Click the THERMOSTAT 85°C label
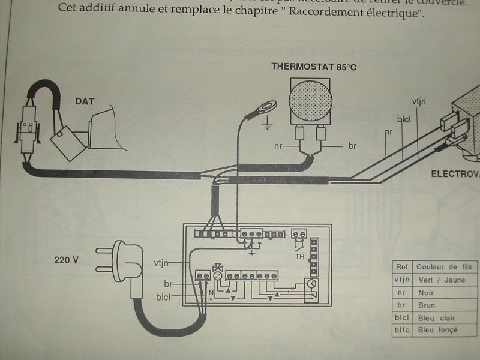point(314,67)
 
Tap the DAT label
point(85,101)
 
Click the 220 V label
point(67,261)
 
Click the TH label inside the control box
point(299,256)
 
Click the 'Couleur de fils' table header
point(445,266)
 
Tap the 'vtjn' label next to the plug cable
point(161,263)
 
